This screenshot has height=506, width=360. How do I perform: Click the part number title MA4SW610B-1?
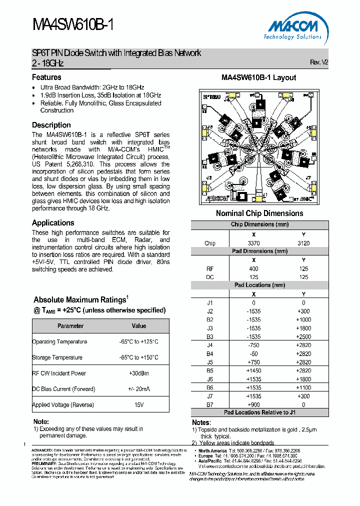[73, 25]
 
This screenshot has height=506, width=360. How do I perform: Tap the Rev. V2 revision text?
[319, 62]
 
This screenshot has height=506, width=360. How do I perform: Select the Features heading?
[46, 77]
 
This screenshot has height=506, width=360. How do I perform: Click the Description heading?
[51, 125]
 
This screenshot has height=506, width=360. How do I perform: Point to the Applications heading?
[53, 223]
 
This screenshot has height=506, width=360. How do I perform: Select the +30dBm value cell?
[138, 373]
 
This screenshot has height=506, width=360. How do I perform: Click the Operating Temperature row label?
[59, 342]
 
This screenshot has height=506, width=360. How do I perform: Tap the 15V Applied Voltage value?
[138, 405]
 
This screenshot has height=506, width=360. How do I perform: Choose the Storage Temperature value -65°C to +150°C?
[138, 357]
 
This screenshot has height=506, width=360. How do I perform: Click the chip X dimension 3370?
[253, 243]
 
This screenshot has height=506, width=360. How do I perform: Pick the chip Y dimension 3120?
[303, 243]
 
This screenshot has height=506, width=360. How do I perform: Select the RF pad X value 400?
[253, 268]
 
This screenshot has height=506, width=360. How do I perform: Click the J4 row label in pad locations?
[210, 345]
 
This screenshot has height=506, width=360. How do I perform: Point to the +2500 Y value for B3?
[303, 336]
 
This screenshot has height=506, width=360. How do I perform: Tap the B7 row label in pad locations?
[210, 404]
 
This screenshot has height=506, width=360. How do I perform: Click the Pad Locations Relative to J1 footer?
[259, 412]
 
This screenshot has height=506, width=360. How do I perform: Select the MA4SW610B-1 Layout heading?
[259, 78]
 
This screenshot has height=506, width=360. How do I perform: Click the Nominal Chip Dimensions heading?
[259, 213]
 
